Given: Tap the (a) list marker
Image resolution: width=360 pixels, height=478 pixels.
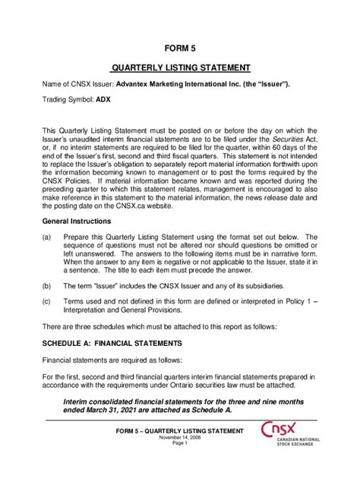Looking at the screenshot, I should click(47, 237).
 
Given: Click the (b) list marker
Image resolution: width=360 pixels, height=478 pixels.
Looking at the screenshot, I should click(47, 286).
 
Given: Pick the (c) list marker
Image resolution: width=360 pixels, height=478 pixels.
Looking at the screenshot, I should click(47, 302).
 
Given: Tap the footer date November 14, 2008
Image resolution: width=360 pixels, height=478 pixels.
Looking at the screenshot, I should click(179, 438).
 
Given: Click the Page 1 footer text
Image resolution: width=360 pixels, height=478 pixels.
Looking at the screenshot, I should click(179, 444).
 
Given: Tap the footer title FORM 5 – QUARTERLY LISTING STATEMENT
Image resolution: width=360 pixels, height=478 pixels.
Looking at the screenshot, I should click(179, 431).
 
